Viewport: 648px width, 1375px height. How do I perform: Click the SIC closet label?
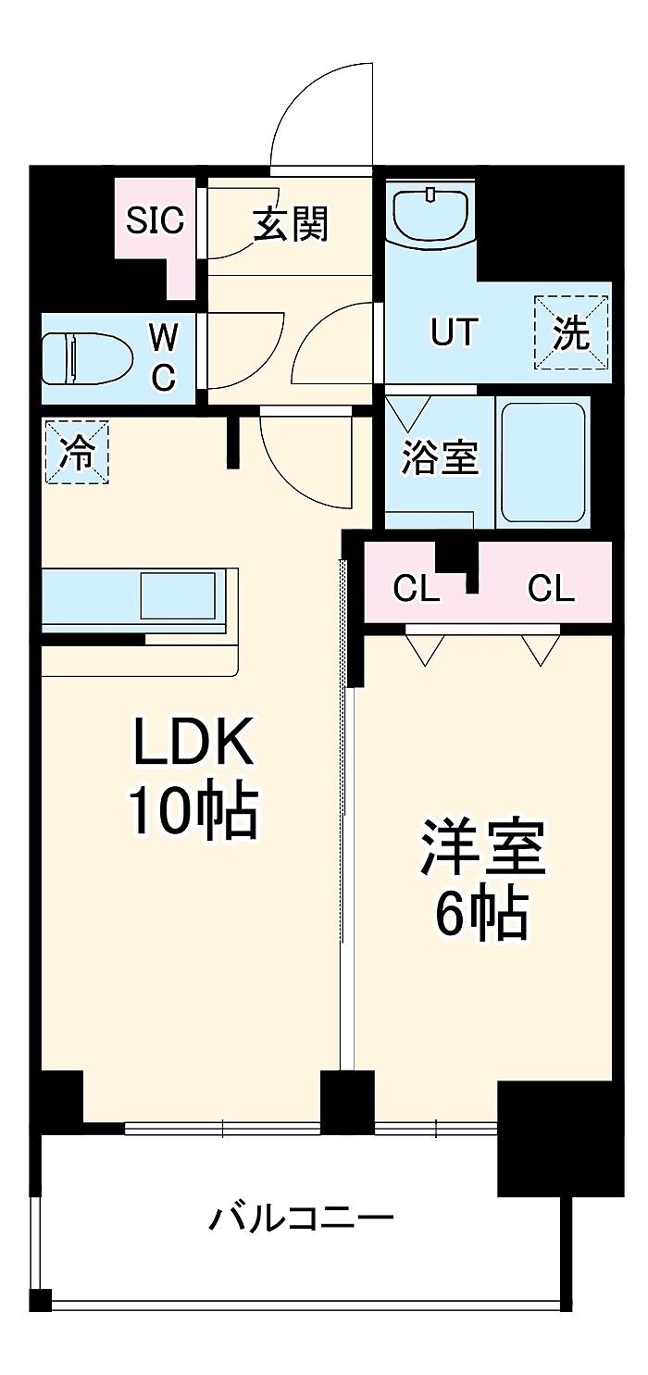(x=156, y=220)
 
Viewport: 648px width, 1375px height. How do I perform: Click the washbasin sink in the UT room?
(x=430, y=215)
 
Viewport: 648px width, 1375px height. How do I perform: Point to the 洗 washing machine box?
(x=571, y=332)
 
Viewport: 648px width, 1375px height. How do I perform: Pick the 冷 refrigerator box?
(x=78, y=452)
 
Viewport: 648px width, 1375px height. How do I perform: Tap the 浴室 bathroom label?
(x=440, y=458)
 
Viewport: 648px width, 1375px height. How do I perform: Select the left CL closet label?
(x=416, y=588)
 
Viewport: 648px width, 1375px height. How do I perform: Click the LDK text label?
(x=193, y=742)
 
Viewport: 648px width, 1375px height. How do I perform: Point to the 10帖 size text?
(x=193, y=811)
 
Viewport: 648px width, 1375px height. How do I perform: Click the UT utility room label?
(x=454, y=331)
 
